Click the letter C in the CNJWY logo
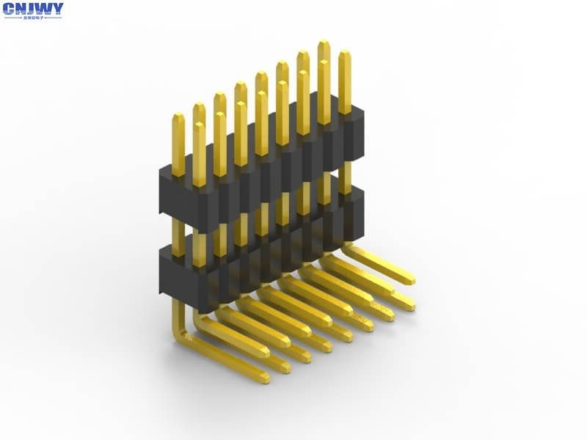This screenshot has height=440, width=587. pyautogui.click(x=10, y=9)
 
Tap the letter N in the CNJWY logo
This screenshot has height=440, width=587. pyautogui.click(x=21, y=9)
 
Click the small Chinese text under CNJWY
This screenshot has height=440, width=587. pyautogui.click(x=33, y=17)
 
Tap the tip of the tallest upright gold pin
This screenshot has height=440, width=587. pyautogui.click(x=324, y=43)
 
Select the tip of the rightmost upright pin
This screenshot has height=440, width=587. pyautogui.click(x=344, y=53)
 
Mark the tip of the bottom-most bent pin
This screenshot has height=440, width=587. pyautogui.click(x=263, y=378)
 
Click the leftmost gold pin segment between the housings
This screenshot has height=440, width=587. pyautogui.click(x=178, y=233)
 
